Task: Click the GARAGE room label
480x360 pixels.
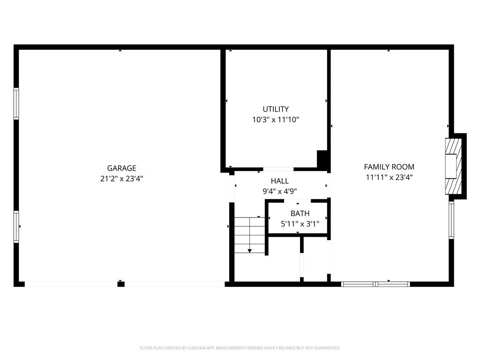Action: point(121,168)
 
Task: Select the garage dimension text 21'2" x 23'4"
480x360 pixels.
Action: point(121,179)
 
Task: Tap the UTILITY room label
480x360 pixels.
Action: point(276,109)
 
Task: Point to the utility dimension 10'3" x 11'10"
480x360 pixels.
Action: point(276,120)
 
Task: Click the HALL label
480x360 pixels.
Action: point(280,181)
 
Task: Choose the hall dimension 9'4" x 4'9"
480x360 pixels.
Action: point(280,191)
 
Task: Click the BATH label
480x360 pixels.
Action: point(300,214)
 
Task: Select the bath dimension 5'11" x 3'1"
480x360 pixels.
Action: point(300,224)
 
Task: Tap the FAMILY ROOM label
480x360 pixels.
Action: point(389,167)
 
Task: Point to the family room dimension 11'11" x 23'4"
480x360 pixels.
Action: point(389,177)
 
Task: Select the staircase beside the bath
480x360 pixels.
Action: point(250,234)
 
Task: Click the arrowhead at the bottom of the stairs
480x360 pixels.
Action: point(250,251)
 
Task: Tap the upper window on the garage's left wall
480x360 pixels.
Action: point(16,104)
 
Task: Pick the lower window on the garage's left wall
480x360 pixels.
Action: point(16,226)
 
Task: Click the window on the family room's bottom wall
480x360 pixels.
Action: point(375,284)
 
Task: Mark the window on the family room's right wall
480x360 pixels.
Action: point(451,220)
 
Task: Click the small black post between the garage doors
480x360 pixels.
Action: point(121,284)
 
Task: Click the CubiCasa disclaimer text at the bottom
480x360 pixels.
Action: point(240,348)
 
